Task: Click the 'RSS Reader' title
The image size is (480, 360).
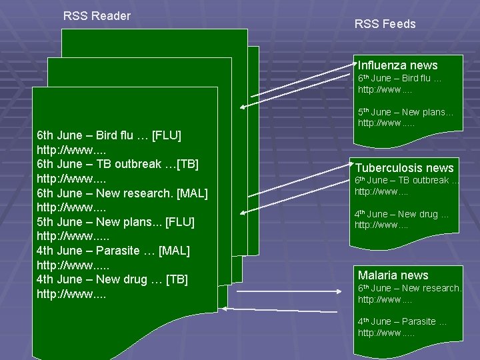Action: click(97, 16)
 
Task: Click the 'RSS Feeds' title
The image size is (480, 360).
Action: click(385, 24)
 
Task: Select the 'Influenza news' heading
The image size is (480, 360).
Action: click(397, 65)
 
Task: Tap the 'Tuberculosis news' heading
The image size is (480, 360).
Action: click(404, 168)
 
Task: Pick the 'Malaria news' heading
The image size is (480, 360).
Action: click(393, 275)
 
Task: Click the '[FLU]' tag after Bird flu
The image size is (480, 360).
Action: click(167, 136)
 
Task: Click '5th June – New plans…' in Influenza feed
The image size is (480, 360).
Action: click(405, 112)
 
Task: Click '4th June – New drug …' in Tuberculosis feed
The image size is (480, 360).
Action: click(401, 214)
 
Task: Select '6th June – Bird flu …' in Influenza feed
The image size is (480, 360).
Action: click(399, 79)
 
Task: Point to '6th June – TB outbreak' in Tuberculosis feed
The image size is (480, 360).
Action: click(406, 180)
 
